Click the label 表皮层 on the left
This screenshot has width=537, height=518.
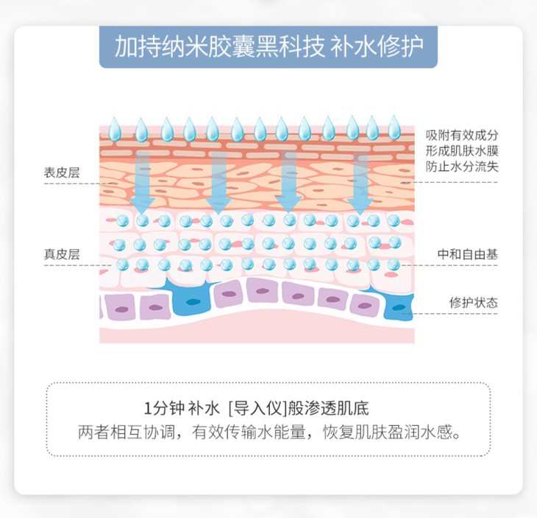(61, 173)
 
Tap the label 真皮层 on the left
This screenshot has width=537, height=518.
(61, 255)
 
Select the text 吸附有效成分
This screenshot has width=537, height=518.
(462, 136)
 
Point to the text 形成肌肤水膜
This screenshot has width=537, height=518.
(462, 151)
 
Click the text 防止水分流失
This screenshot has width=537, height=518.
(462, 167)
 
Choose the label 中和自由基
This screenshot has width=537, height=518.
(467, 255)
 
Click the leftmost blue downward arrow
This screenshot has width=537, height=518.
(142, 181)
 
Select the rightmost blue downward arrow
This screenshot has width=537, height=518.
(360, 181)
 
